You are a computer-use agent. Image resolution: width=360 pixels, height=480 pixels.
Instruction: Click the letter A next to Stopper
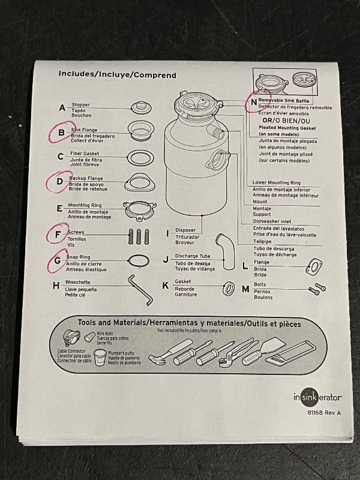point(62,109)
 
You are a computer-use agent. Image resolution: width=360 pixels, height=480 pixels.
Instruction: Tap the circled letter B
point(61,133)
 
